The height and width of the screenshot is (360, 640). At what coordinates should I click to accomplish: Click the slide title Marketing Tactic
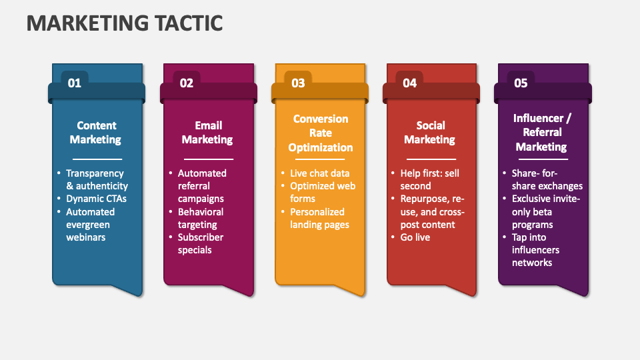point(124,22)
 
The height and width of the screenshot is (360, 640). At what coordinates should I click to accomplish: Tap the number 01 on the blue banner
point(75,83)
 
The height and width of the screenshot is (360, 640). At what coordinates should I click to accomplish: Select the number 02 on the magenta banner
point(187,83)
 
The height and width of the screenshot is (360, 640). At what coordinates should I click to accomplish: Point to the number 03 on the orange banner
point(298,83)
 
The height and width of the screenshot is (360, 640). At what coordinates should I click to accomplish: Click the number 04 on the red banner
point(409,83)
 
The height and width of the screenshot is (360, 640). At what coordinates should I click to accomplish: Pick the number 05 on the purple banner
point(521,83)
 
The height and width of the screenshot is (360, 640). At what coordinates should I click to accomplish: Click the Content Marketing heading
point(96,133)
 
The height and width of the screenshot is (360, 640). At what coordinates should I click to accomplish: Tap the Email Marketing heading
point(207,133)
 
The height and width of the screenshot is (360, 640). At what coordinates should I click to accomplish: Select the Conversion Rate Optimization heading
point(320,133)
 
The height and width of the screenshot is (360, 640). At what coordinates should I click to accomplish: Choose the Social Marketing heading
point(430,133)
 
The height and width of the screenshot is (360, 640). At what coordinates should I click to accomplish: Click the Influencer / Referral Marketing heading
point(541,133)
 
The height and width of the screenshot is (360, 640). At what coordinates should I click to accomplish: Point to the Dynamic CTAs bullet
point(96,199)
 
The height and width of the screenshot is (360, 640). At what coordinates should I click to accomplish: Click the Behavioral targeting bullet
point(201,218)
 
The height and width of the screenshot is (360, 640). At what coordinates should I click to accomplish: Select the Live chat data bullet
point(319,173)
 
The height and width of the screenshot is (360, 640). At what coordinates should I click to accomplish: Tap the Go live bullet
point(415,237)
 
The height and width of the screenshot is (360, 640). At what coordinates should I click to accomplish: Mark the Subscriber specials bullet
point(200,243)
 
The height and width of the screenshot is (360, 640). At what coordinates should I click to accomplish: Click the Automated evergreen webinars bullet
point(90,224)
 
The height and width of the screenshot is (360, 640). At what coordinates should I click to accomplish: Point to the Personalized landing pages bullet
point(319,218)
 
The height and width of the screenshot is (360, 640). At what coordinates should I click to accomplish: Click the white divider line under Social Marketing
point(430,159)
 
